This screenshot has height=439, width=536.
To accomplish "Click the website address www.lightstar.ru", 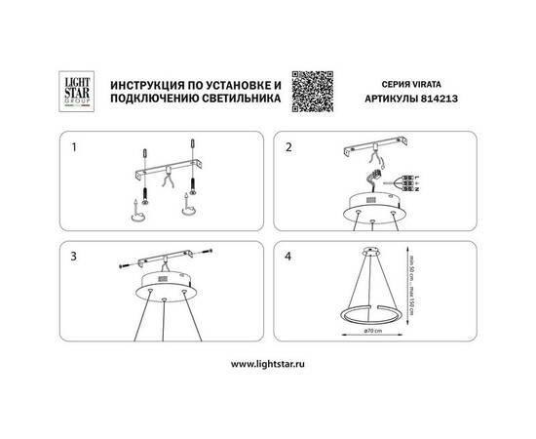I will [268, 365].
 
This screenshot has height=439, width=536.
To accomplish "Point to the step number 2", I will [289, 149].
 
